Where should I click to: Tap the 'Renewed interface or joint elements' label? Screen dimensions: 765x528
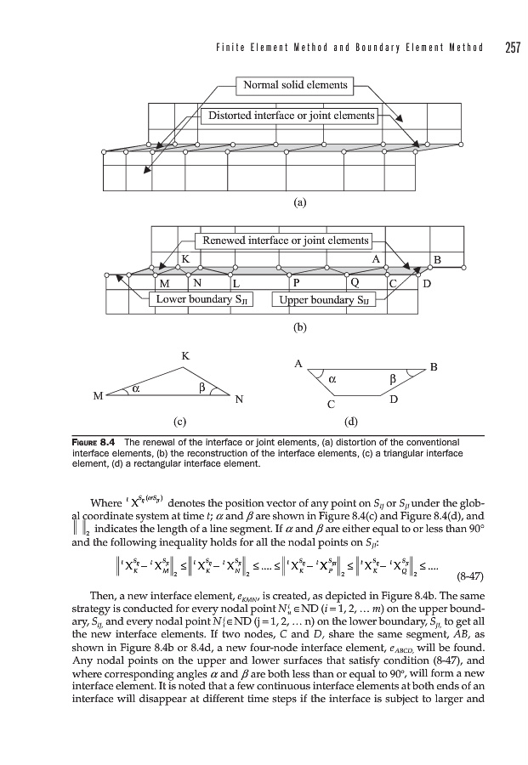pyautogui.click(x=282, y=241)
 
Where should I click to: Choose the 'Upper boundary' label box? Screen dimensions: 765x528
pyautogui.click(x=328, y=299)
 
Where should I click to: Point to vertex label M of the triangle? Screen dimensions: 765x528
pyautogui.click(x=98, y=396)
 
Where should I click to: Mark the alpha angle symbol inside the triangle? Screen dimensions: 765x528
pyautogui.click(x=134, y=390)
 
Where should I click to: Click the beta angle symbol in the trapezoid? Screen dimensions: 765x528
pyautogui.click(x=393, y=378)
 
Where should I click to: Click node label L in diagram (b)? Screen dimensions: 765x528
pyautogui.click(x=236, y=282)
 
